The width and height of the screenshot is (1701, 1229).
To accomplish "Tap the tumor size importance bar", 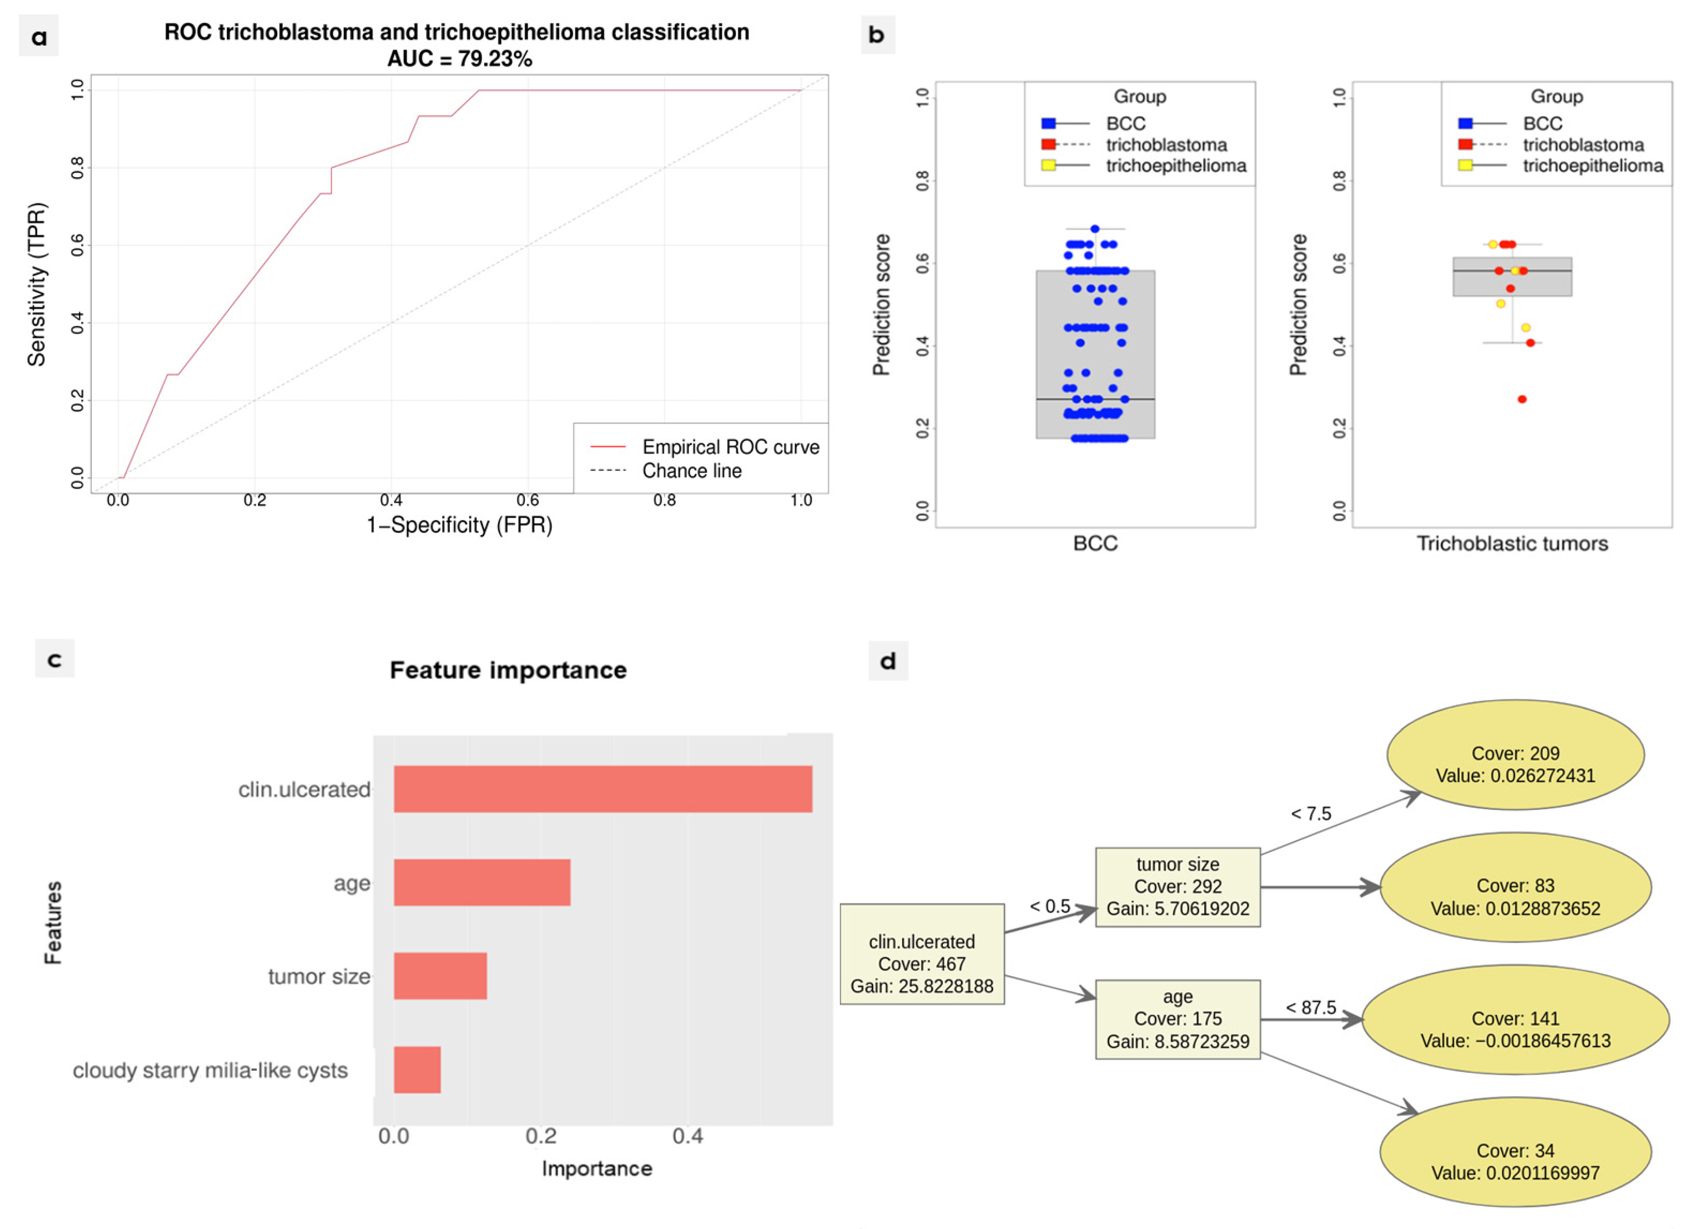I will pyautogui.click(x=440, y=976).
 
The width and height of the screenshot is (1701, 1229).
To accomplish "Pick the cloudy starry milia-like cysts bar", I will pyautogui.click(x=417, y=1069).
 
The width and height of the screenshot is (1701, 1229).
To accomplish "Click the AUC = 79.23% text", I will pyautogui.click(x=459, y=58).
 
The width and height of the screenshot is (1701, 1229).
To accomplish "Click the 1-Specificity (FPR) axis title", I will pyautogui.click(x=459, y=525).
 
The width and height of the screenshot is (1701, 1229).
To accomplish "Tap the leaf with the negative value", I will pyautogui.click(x=1515, y=1029).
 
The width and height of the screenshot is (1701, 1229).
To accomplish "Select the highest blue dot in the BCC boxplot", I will pyautogui.click(x=1095, y=229).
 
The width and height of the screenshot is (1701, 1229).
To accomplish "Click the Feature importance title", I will pyautogui.click(x=508, y=670).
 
